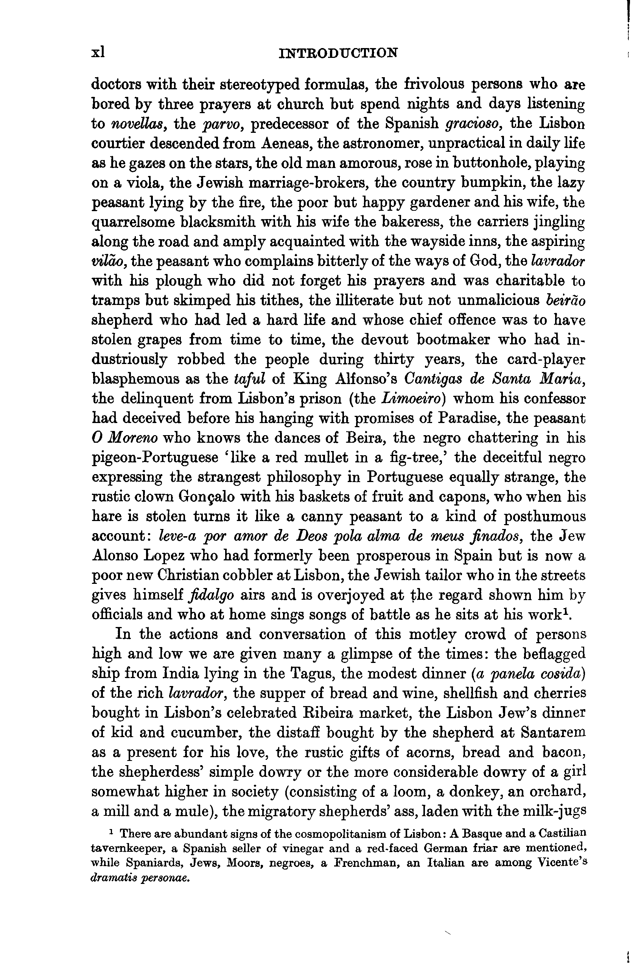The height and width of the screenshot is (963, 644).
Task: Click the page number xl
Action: pos(98,53)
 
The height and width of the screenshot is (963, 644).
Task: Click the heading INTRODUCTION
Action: pos(338,53)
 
